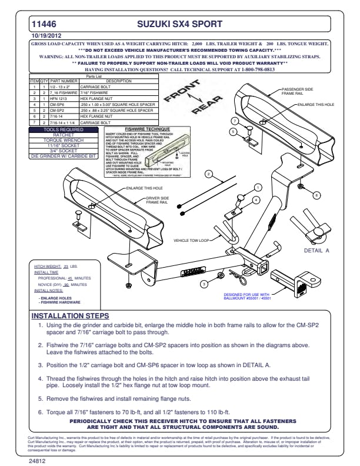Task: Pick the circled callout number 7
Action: pos(234,121)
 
